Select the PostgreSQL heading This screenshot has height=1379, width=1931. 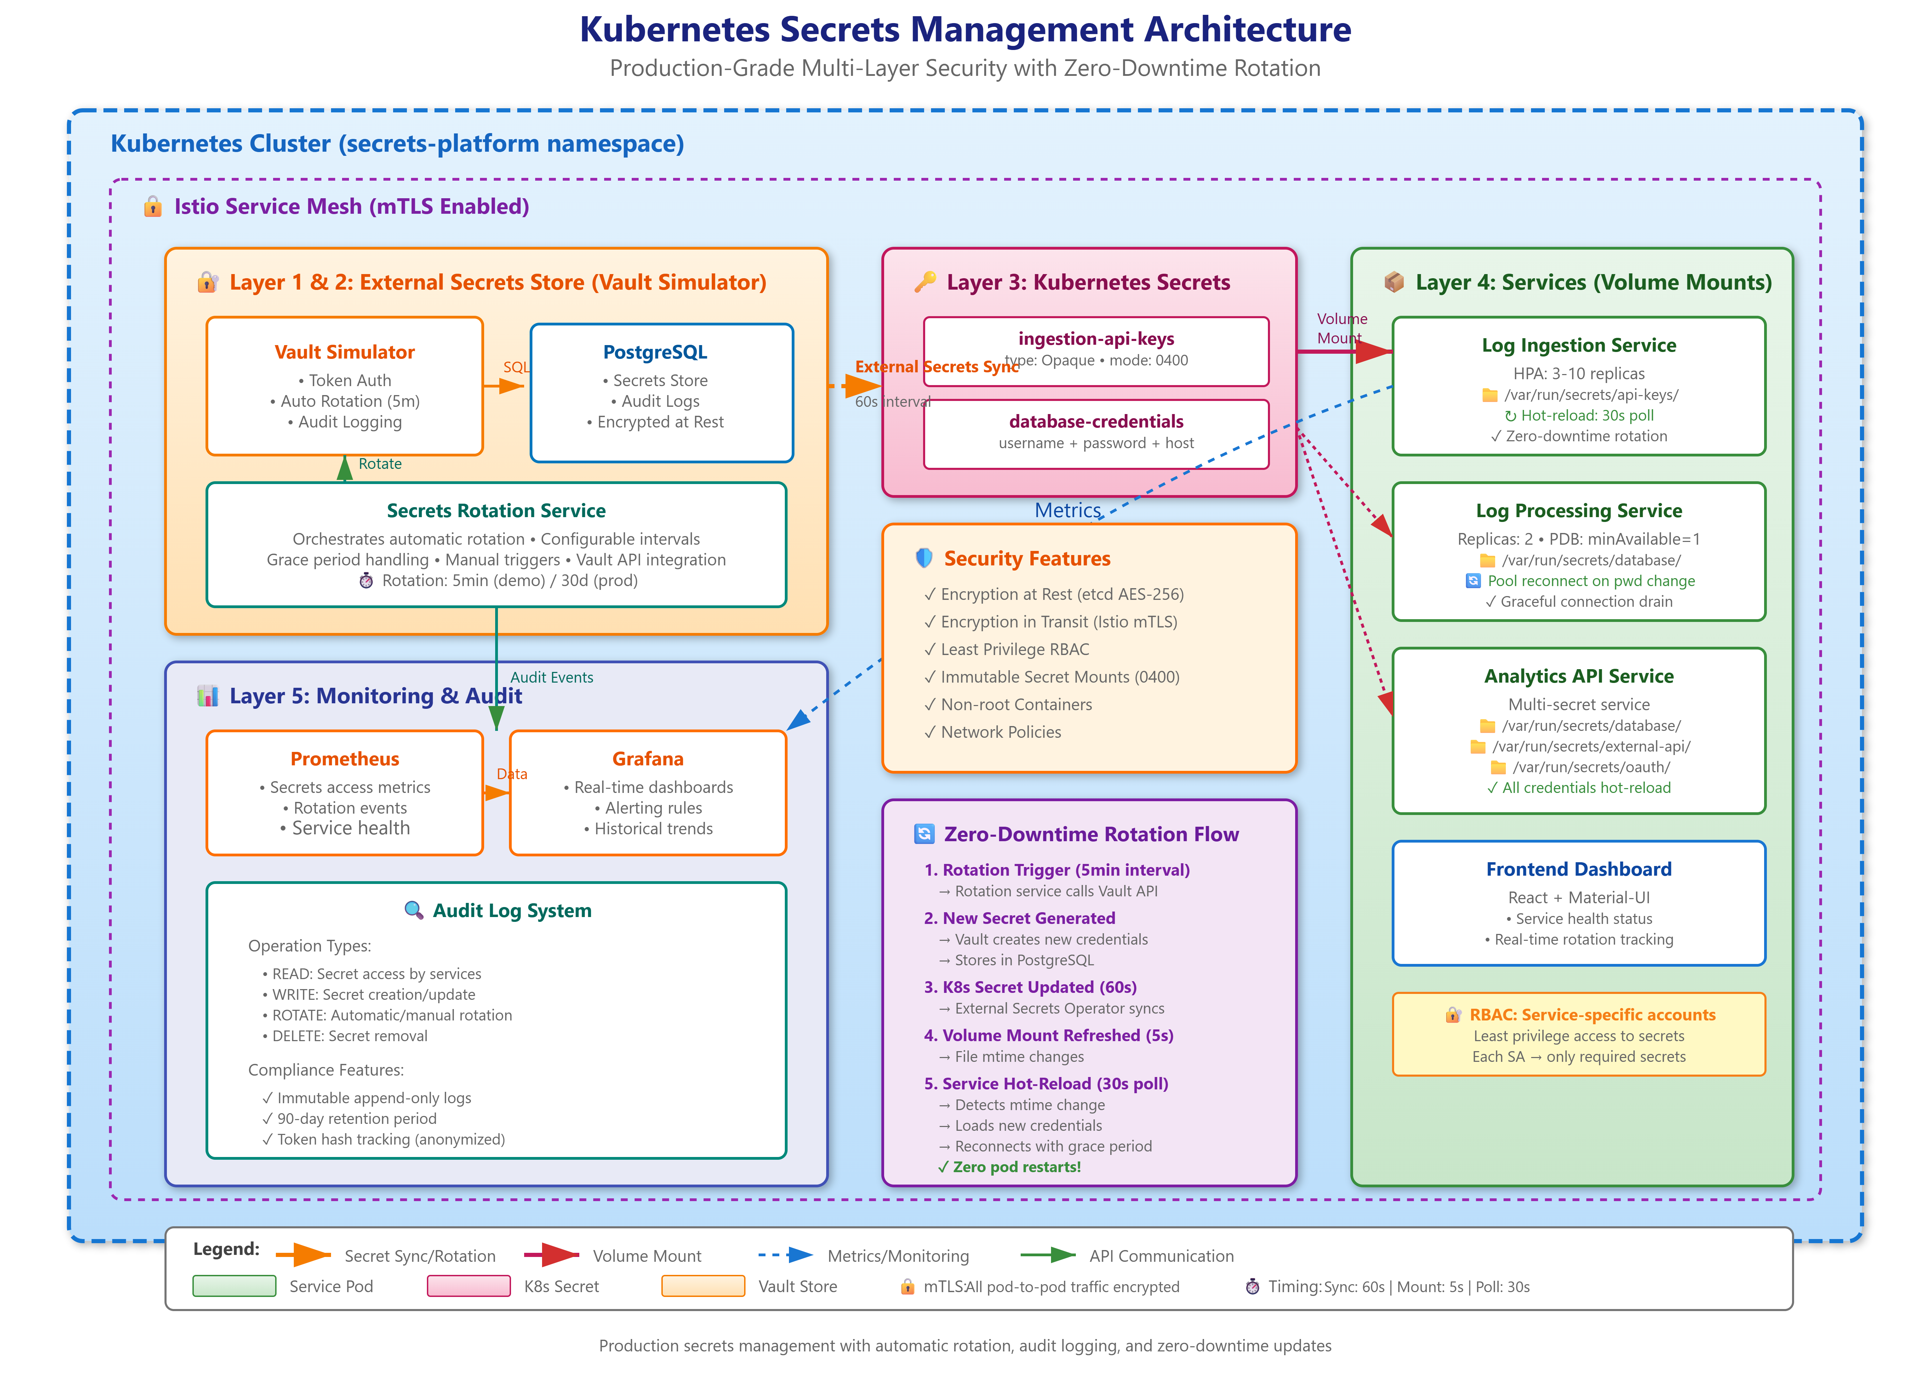point(655,352)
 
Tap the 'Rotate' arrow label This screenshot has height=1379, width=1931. point(380,464)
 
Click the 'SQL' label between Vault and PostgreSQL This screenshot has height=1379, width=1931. point(516,367)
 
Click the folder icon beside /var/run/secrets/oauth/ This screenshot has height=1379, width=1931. point(1498,768)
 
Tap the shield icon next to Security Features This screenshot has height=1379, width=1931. point(924,558)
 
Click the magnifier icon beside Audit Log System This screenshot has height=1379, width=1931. point(413,910)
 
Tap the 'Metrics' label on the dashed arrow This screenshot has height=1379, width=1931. point(1068,510)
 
